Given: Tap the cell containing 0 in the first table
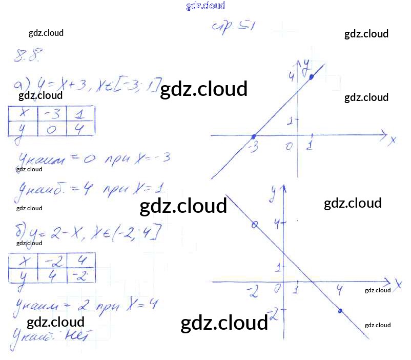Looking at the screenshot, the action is click(52, 129).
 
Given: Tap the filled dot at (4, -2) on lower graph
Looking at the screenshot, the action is click(341, 311).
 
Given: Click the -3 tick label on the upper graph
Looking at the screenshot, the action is click(253, 148).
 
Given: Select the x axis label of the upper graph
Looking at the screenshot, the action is click(393, 140).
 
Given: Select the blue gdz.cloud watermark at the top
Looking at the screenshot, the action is click(205, 6).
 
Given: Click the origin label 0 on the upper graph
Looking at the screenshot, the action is click(290, 147).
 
